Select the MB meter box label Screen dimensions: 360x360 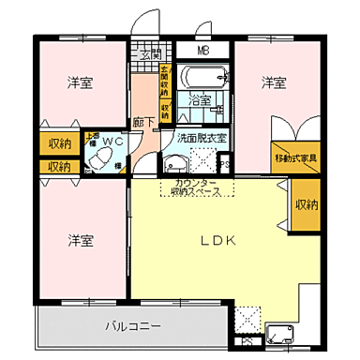pyautogui.click(x=203, y=51)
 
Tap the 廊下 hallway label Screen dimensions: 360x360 pyautogui.click(x=142, y=121)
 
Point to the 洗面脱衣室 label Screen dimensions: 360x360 pyautogui.click(x=199, y=139)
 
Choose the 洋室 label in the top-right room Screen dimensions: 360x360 pyautogui.click(x=273, y=83)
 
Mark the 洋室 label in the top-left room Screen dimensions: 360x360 pyautogui.click(x=80, y=83)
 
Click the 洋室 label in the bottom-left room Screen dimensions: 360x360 pyautogui.click(x=80, y=240)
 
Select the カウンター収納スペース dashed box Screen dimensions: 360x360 pyautogui.click(x=194, y=187)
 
